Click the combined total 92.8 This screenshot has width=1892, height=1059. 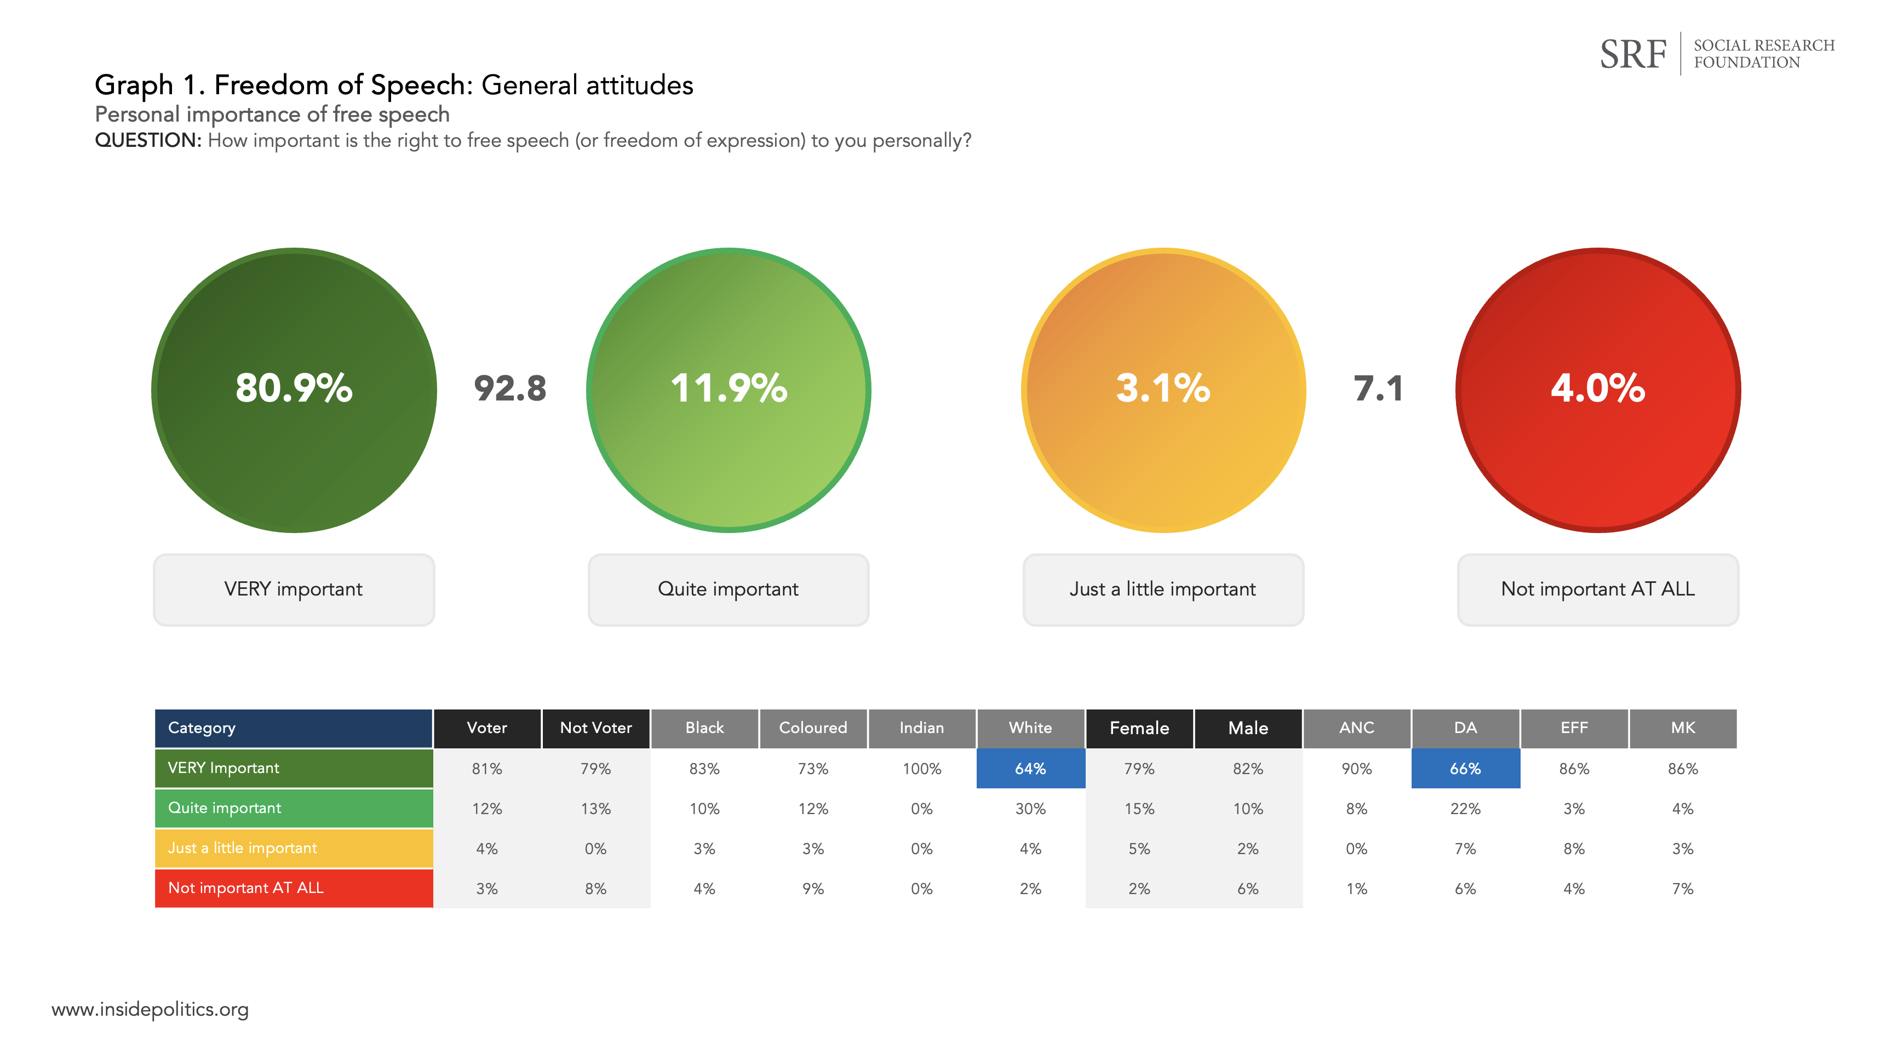pos(510,388)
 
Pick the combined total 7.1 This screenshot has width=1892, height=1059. pos(1378,388)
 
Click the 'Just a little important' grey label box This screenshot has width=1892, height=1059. pos(1163,589)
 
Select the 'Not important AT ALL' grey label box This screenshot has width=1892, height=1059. pos(1597,589)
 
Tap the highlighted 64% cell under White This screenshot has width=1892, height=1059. pos(1030,768)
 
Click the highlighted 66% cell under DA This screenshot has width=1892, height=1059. pos(1465,768)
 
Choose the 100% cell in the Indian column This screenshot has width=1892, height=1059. pos(922,768)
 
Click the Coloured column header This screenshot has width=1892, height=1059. pos(813,728)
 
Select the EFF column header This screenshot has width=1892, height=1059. pos(1574,728)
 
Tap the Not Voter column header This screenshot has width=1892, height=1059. pos(595,728)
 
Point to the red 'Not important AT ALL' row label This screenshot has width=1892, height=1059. pos(294,888)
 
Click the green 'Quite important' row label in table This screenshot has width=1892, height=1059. pos(294,808)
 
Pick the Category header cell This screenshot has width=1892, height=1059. pos(294,728)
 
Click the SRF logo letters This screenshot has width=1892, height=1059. pos(1633,54)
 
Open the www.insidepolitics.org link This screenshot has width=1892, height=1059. pos(150,1009)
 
